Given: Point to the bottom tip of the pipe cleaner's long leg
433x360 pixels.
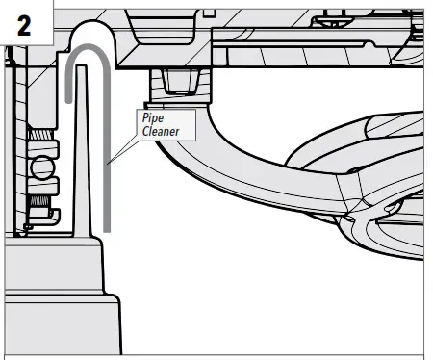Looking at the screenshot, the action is pos(108,227).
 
